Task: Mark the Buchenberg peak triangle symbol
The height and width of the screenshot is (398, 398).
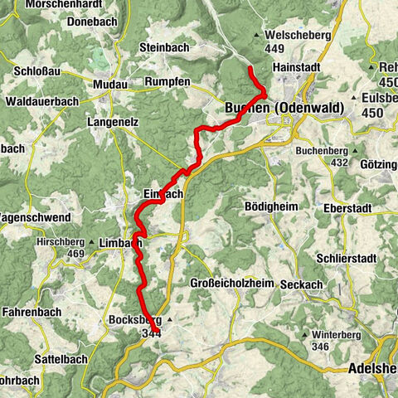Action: point(354,152)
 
